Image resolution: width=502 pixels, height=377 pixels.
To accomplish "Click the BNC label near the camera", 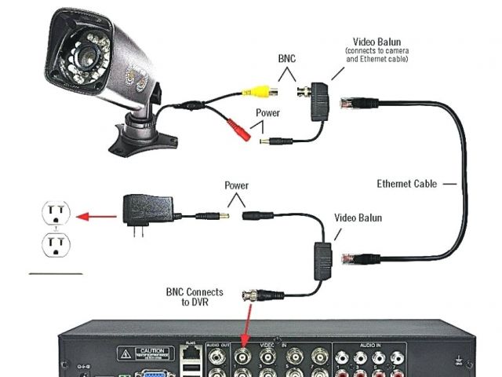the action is [288, 59].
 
